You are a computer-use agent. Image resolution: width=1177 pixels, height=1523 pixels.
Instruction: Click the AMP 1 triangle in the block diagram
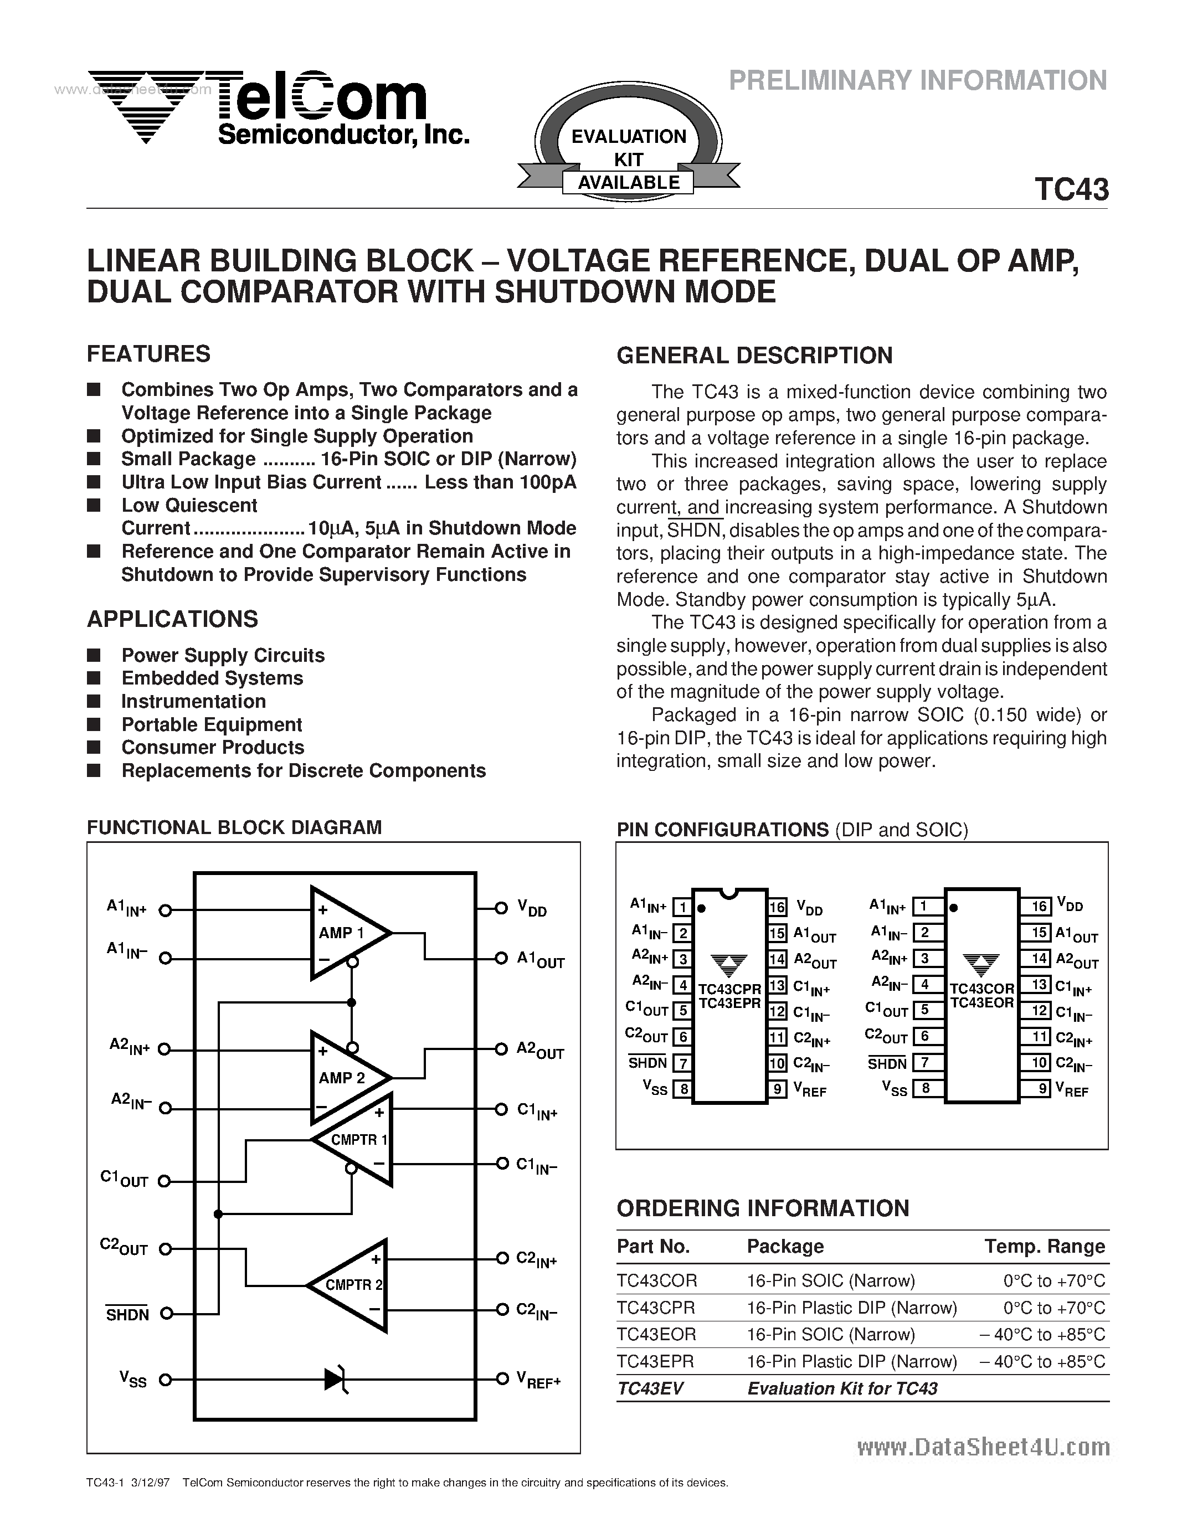[x=345, y=932]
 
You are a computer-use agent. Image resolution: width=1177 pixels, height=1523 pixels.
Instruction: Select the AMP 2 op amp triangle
[x=345, y=1077]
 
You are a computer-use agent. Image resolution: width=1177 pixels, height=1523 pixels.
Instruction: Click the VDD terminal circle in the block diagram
[x=501, y=908]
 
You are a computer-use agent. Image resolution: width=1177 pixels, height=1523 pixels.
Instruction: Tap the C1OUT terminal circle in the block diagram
[x=165, y=1181]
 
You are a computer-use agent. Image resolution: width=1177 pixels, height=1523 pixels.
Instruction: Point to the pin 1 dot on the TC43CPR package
[x=701, y=908]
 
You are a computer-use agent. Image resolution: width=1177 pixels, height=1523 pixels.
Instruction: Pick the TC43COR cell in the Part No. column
[x=657, y=1280]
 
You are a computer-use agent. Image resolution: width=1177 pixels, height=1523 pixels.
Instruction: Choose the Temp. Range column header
[x=1045, y=1246]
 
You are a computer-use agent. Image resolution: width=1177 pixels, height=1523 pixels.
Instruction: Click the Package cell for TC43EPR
[x=851, y=1361]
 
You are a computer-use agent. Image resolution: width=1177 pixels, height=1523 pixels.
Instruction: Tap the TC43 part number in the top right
[x=1071, y=189]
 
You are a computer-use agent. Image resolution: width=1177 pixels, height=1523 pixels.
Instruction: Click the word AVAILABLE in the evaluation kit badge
[x=628, y=183]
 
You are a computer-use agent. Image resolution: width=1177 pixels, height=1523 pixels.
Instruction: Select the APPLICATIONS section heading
[x=172, y=619]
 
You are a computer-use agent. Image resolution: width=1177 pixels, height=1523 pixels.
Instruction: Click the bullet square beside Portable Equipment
[x=94, y=724]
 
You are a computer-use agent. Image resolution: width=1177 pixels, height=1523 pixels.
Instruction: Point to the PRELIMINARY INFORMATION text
[x=918, y=81]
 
